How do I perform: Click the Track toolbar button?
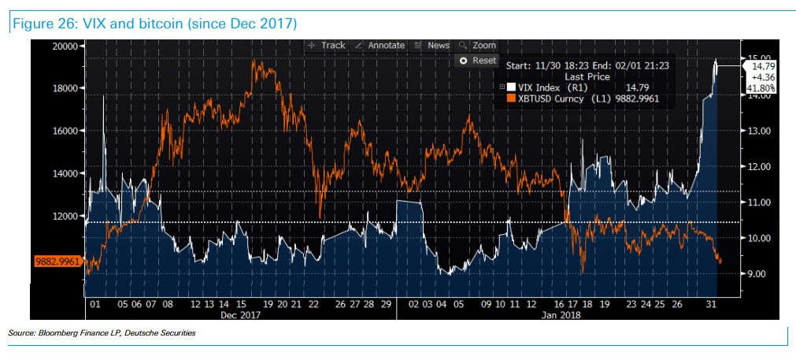tap(328, 46)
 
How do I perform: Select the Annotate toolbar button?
tap(380, 46)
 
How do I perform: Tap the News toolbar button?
tap(433, 46)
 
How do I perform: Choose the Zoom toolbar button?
tap(479, 46)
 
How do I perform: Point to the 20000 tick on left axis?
tap(64, 46)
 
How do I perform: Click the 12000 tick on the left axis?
tap(64, 216)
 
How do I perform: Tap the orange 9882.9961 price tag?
tap(57, 260)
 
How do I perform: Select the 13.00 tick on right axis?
tap(760, 131)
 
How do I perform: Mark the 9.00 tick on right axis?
tap(760, 274)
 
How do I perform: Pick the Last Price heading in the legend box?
tap(587, 77)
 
